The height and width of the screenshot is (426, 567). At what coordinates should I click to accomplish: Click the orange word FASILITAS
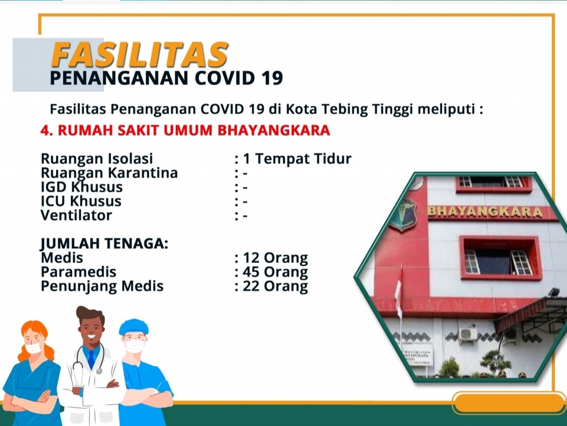(x=139, y=55)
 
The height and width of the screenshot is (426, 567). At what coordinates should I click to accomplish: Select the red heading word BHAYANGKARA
(x=273, y=130)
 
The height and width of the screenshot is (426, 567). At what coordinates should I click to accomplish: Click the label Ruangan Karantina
(x=109, y=173)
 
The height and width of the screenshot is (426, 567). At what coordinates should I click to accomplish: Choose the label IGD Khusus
(x=82, y=187)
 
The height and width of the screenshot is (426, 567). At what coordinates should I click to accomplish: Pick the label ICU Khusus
(x=81, y=201)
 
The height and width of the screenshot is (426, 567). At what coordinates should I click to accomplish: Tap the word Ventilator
(x=76, y=215)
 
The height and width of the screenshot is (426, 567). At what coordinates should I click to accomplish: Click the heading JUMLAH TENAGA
(x=105, y=244)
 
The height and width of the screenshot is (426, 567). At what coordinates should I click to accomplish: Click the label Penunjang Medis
(x=102, y=286)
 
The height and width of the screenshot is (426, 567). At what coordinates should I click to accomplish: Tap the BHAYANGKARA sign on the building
(x=485, y=212)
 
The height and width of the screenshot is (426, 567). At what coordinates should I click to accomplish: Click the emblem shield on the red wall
(x=402, y=215)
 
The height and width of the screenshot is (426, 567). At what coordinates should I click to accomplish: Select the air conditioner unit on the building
(x=468, y=334)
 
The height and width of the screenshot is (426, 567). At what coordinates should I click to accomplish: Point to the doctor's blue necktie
(x=91, y=359)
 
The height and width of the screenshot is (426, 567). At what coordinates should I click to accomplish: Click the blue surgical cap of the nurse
(x=134, y=327)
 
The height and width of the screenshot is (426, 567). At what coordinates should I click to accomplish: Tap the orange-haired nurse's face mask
(x=34, y=348)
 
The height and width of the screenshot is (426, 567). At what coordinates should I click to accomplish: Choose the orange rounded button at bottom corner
(x=509, y=403)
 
